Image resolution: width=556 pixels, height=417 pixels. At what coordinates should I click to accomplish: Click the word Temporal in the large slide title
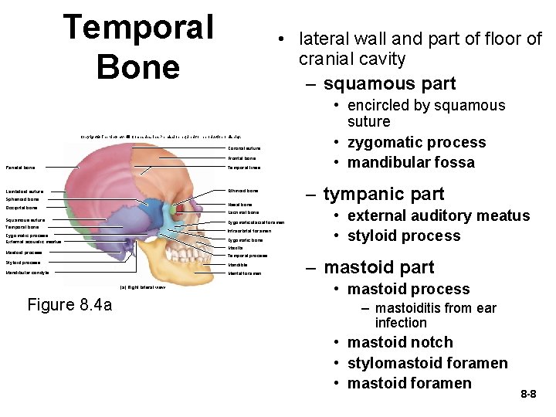tap(139, 28)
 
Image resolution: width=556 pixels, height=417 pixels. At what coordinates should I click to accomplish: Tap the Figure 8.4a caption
tap(69, 305)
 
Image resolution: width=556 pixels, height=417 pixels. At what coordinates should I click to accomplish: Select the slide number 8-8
tap(528, 394)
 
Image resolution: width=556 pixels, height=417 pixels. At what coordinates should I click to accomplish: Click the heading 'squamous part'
tap(389, 83)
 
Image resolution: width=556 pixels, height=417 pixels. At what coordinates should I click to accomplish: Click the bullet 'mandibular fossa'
tap(410, 162)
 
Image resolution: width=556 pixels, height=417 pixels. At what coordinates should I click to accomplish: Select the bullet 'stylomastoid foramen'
tap(427, 363)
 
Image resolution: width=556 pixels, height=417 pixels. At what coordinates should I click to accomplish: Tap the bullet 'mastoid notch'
tap(399, 342)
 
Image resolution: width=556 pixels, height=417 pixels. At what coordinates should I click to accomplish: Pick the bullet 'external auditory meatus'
tap(438, 215)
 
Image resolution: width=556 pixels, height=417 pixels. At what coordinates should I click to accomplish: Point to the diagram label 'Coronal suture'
tap(244, 147)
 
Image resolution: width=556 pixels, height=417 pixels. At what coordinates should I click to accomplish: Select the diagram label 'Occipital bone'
tap(22, 208)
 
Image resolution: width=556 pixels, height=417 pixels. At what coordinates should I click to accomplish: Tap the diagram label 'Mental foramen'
tap(245, 273)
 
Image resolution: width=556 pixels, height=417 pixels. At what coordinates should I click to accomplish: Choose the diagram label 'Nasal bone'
tap(240, 205)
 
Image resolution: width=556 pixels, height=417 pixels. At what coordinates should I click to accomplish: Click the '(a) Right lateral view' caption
tap(143, 287)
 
